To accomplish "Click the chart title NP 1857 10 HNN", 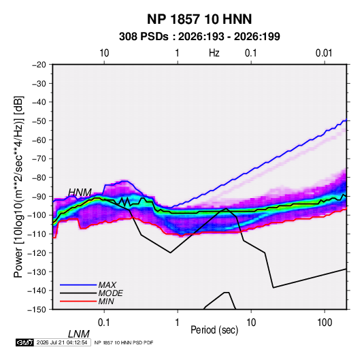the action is click(199, 19).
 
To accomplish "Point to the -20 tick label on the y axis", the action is click(39, 65).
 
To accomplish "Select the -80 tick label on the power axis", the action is click(39, 178).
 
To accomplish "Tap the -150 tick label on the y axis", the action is click(37, 310).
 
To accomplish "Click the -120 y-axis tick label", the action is click(37, 252).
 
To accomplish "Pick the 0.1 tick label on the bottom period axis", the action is click(104, 323).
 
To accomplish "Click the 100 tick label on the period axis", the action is click(324, 323).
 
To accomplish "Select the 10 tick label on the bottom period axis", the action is click(250, 323).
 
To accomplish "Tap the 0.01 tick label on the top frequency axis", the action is click(324, 53).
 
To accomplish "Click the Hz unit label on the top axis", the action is click(214, 53).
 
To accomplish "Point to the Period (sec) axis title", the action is click(214, 330).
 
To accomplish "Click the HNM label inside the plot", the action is click(80, 193).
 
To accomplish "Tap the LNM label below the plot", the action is click(79, 334).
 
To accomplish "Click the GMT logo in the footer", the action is click(24, 342).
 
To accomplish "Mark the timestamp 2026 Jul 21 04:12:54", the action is click(62, 342).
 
